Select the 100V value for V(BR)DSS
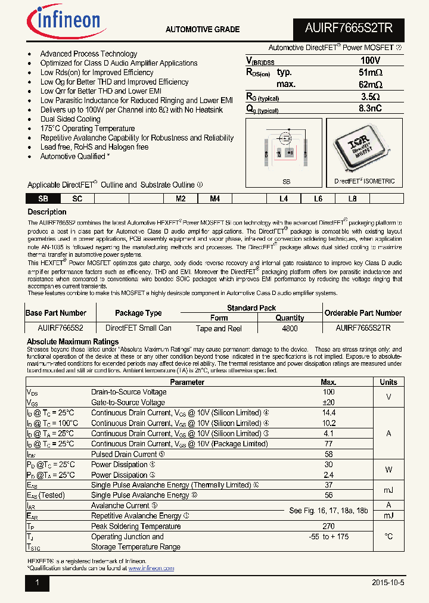[x=370, y=61]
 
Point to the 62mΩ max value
[x=370, y=85]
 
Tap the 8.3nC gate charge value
[x=370, y=108]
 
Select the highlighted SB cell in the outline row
[x=42, y=199]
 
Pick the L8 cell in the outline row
[x=352, y=199]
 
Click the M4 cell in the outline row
[x=214, y=199]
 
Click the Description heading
[x=47, y=212]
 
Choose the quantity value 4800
[x=290, y=328]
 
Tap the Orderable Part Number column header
[x=363, y=313]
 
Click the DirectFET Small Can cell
[x=138, y=328]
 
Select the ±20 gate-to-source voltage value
[x=328, y=402]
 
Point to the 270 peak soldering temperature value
[x=328, y=526]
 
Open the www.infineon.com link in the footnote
[x=151, y=568]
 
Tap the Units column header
[x=388, y=382]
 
